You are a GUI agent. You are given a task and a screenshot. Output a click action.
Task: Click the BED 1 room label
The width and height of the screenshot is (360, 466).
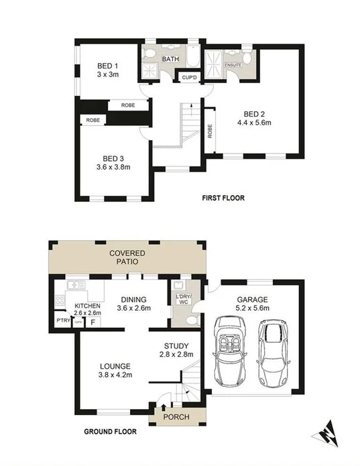108,65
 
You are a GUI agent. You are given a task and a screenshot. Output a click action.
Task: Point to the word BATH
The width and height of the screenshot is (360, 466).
170,59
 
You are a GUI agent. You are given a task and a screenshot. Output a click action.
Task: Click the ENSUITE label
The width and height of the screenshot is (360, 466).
233,65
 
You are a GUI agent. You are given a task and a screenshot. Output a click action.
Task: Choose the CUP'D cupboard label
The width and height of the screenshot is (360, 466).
189,78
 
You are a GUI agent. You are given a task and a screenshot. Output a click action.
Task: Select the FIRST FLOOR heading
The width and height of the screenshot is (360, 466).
223,198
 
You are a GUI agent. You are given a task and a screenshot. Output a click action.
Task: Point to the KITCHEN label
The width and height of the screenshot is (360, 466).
87,305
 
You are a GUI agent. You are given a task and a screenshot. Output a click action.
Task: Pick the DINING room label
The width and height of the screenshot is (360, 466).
133,300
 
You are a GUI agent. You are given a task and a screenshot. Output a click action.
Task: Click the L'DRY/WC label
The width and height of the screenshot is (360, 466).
183,300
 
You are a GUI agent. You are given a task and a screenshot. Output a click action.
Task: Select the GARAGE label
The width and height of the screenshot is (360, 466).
252,300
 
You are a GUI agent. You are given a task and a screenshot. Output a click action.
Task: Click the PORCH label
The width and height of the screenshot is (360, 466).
176,417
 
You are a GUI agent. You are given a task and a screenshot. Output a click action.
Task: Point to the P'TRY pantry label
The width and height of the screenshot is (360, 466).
64,321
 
